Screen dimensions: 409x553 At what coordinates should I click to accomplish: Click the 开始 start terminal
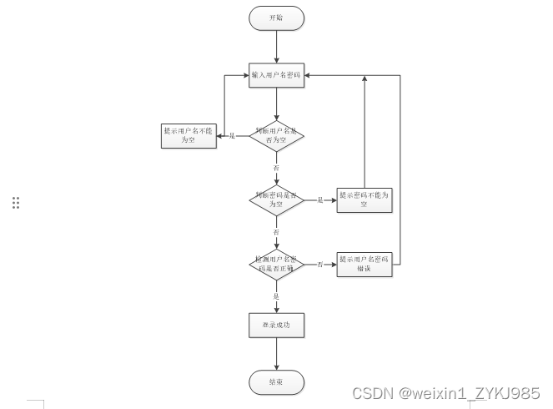276,18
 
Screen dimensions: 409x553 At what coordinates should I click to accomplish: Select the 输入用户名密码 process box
276,76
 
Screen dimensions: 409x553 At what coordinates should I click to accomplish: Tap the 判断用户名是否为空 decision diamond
276,134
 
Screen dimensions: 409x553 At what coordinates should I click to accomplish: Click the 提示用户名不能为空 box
188,135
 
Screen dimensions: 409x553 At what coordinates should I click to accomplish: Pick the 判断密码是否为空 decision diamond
276,199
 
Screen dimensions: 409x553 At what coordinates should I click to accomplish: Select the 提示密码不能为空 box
364,199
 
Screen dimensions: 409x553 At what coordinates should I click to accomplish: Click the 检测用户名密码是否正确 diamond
276,264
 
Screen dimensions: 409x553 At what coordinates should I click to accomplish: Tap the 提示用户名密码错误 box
364,264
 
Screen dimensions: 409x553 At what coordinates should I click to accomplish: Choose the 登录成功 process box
276,325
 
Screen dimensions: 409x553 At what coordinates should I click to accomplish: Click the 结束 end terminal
276,382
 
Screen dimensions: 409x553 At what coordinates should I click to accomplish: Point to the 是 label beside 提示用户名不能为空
232,135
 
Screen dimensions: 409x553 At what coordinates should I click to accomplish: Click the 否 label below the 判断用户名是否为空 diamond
276,168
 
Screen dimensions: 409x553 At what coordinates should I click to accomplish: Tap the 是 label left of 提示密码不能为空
319,200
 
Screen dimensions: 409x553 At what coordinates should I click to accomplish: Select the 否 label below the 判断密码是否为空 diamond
276,231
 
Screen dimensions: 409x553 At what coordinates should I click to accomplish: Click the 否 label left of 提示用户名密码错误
319,265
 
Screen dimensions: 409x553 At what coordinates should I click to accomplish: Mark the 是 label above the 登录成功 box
276,295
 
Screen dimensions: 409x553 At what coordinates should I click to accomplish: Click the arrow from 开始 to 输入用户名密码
276,47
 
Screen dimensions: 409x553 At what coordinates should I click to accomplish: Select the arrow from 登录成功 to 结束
276,354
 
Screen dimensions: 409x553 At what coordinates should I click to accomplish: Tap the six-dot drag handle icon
16,203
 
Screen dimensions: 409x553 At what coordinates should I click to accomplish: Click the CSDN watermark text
445,393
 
